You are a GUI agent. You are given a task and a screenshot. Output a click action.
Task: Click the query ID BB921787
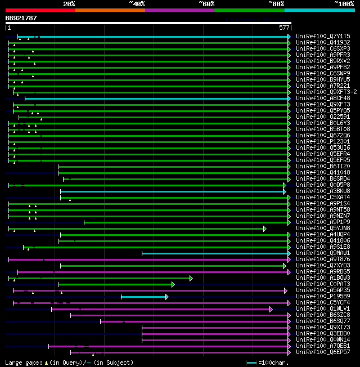click(x=21, y=18)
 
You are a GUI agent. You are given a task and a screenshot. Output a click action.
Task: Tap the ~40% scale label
click(x=137, y=3)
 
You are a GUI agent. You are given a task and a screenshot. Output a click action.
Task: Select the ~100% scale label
click(x=344, y=3)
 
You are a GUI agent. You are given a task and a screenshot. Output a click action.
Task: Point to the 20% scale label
click(x=69, y=3)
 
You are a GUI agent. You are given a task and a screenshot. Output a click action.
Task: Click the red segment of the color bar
click(x=40, y=10)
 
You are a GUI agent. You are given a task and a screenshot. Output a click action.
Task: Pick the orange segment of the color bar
click(x=110, y=10)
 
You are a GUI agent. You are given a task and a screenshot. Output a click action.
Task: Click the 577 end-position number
click(x=284, y=28)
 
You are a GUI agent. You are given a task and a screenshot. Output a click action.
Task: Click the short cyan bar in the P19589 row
click(x=143, y=297)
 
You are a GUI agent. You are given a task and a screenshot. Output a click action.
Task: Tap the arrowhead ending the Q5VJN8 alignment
click(x=264, y=229)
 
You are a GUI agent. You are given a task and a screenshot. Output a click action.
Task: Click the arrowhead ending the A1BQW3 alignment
click(x=191, y=278)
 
